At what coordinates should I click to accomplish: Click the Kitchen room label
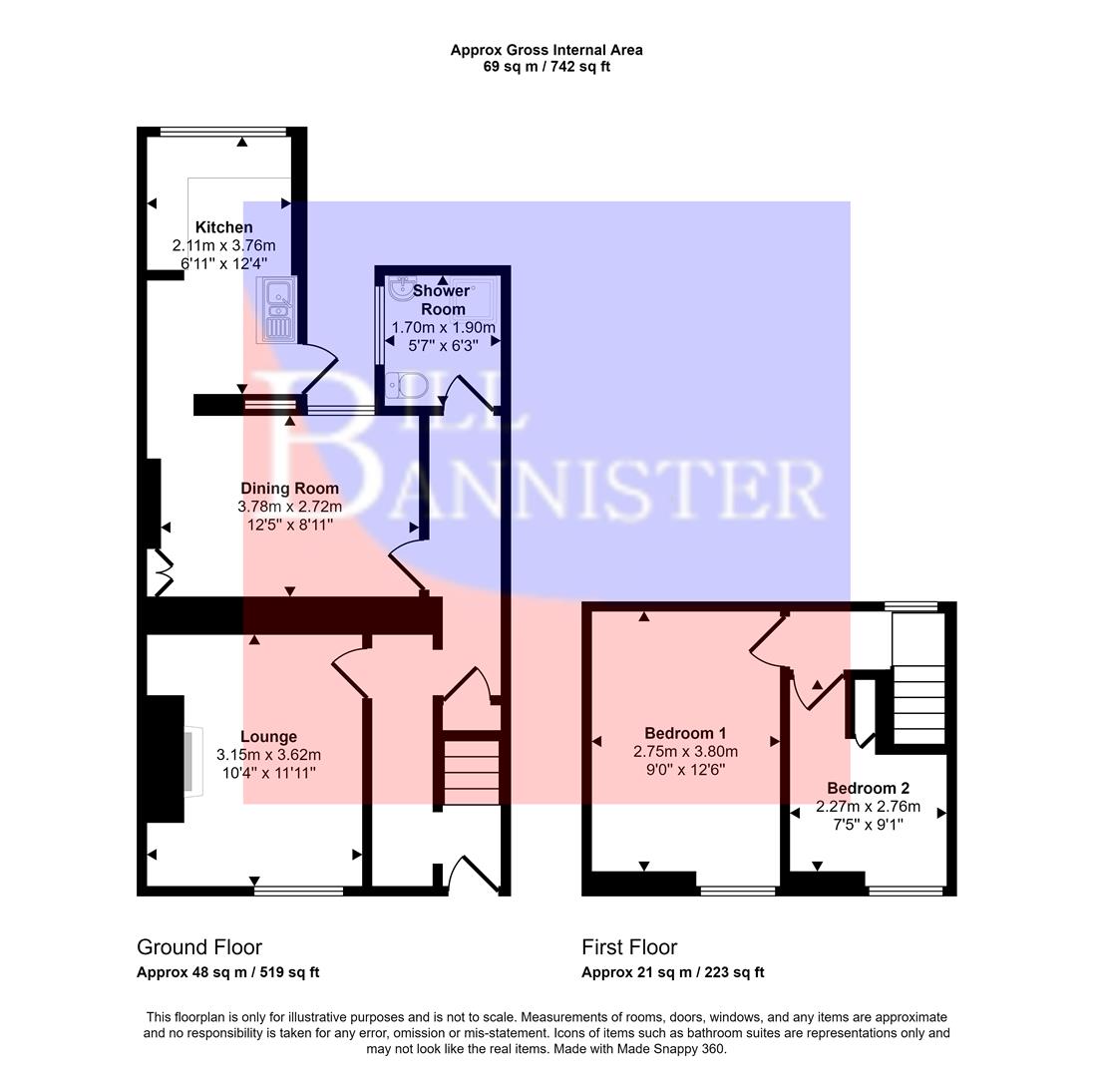coord(223,227)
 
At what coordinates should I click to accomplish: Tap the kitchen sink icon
coord(276,309)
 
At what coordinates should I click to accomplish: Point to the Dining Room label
coord(289,489)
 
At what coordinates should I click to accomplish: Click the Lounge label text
coord(268,737)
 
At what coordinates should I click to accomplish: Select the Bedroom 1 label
coord(685,733)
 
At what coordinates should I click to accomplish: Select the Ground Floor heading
coord(199,947)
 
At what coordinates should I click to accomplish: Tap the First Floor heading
coord(629,947)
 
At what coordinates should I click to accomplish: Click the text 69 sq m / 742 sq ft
coord(546,67)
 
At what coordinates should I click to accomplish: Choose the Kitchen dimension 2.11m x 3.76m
coord(223,245)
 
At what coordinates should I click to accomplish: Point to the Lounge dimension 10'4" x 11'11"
coord(268,773)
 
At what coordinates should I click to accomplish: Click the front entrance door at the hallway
coord(475,874)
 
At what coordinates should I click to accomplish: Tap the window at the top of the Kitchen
coord(223,132)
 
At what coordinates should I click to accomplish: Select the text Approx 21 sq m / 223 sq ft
coord(673,972)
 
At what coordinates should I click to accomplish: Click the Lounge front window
coord(298,890)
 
